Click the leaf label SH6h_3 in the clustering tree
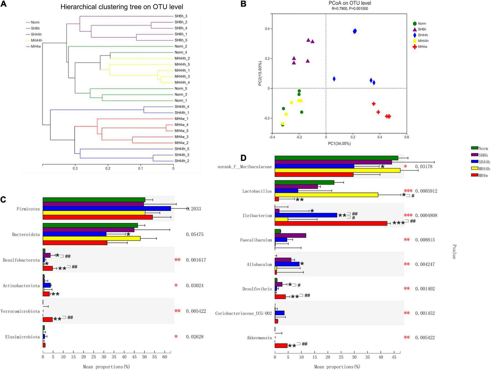[181, 16]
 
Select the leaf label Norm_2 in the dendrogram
[181, 47]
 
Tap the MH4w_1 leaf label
[181, 119]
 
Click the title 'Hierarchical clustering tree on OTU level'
[122, 7]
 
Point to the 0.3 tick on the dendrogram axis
[75, 168]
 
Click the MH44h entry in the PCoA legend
[423, 41]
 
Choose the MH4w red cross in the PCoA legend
[415, 47]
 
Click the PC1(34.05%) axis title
[339, 143]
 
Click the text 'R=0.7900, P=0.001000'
[350, 9]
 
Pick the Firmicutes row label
[28, 209]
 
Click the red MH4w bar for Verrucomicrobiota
[47, 320]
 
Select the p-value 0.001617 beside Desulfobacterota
[196, 260]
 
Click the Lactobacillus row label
[257, 191]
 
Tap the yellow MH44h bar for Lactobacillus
[326, 195]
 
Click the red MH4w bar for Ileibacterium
[331, 223]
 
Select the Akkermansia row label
[259, 338]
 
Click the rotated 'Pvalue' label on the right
[454, 251]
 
